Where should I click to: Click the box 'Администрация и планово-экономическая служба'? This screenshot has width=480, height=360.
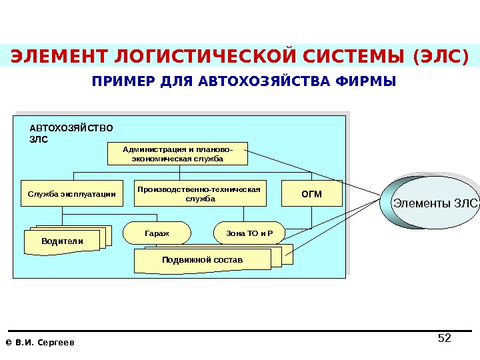pos(177,154)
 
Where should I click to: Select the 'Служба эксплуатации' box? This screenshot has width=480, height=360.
pos(72,195)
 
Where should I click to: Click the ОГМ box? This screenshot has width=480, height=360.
pos(311,194)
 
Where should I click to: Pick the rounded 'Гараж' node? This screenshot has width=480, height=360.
pos(157,233)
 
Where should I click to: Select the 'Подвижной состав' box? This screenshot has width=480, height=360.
pos(203,259)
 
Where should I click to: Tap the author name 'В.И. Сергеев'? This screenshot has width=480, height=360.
pos(45,343)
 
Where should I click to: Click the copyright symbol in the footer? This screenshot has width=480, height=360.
pos(8,343)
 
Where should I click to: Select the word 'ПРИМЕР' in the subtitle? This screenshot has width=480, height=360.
pos(117,82)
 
